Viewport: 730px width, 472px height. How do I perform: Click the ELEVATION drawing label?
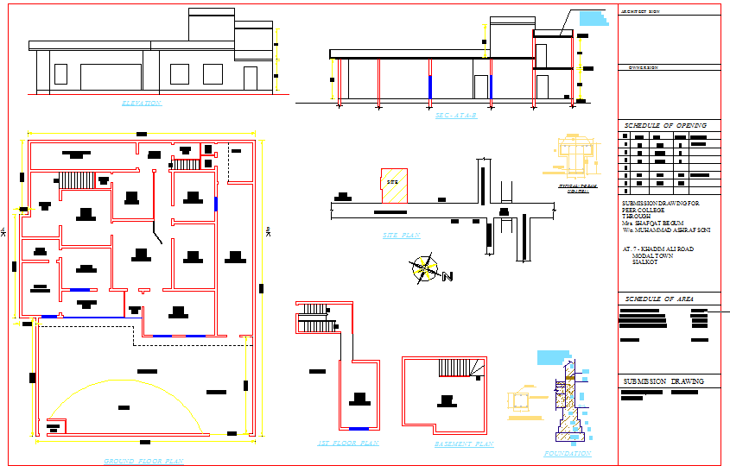pos(142,104)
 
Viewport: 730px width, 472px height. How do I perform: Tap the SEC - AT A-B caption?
pos(455,115)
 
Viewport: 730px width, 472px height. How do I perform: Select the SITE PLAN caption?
pos(401,235)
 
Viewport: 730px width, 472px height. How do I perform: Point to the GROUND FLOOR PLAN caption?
pos(143,462)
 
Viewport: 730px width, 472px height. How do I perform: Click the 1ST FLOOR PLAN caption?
pos(348,443)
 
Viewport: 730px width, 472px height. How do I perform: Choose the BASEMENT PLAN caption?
pos(464,444)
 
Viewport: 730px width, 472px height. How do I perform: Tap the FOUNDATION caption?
pos(568,453)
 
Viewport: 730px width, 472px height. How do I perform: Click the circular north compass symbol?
pos(423,268)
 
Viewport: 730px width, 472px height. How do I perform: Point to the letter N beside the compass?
pos(448,276)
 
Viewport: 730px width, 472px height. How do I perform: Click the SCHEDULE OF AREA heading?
pos(658,299)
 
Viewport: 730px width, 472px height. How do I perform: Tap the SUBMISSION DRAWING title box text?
pos(663,381)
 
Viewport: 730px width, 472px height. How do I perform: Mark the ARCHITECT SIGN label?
pos(641,11)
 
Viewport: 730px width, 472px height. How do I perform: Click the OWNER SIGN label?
pos(644,67)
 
